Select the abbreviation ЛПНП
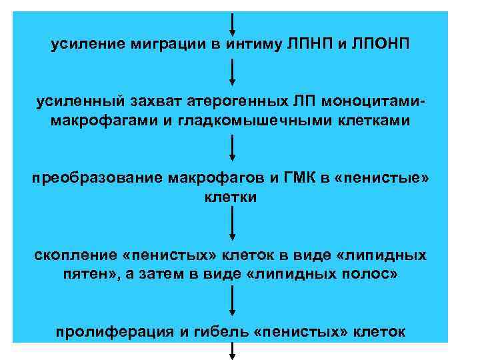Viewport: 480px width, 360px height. (307, 44)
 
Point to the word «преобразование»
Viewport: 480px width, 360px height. (97, 179)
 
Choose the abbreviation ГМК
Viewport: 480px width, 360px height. (302, 179)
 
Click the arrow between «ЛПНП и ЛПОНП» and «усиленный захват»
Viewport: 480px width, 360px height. (231, 72)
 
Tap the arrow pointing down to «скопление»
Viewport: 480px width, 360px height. (231, 226)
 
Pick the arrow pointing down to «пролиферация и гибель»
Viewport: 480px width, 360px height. (231, 304)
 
